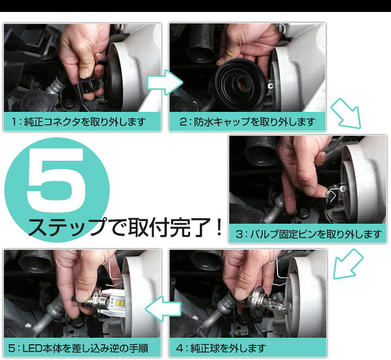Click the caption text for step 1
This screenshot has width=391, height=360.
79,122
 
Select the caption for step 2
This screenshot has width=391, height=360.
248,122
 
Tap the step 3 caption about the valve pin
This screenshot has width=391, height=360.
308,234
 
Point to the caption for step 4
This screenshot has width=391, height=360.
221,348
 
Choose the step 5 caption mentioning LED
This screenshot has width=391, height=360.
78,348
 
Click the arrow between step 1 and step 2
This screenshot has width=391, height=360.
165,83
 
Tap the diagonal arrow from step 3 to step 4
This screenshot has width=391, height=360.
348,264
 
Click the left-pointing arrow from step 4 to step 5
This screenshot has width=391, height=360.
163,308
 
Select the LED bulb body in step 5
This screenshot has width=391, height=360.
110,302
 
